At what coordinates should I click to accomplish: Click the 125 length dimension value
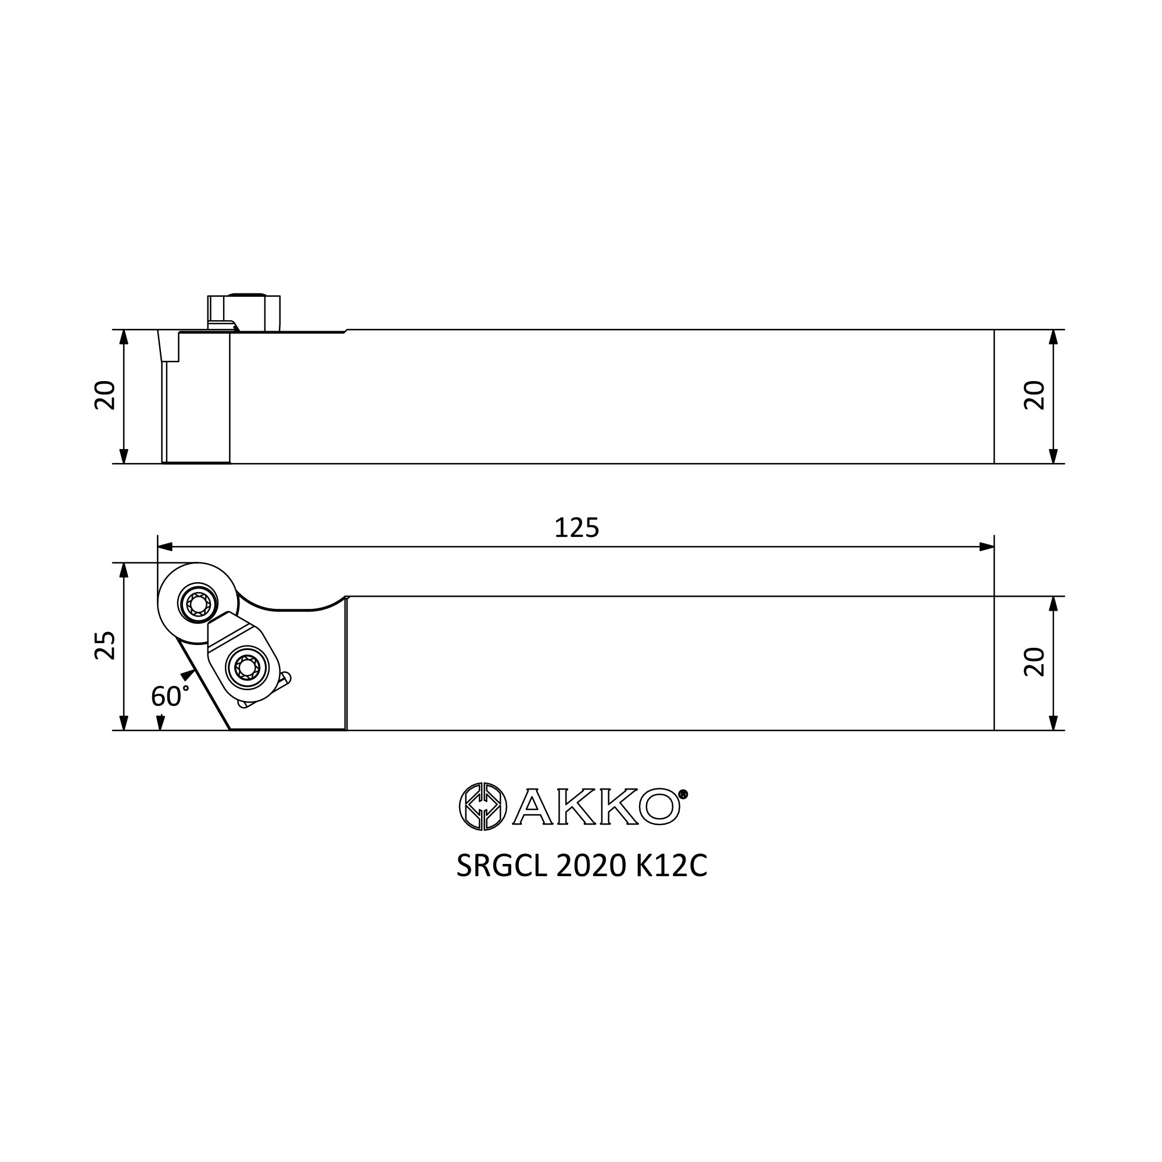(x=577, y=528)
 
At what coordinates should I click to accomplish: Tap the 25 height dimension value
(x=105, y=645)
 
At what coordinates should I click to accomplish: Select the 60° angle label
(x=170, y=697)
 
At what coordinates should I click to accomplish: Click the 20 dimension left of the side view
(x=105, y=395)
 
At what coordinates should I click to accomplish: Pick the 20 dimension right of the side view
(x=1035, y=395)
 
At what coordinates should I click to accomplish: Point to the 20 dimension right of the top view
(x=1035, y=662)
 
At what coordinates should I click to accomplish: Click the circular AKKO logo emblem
(x=483, y=806)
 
